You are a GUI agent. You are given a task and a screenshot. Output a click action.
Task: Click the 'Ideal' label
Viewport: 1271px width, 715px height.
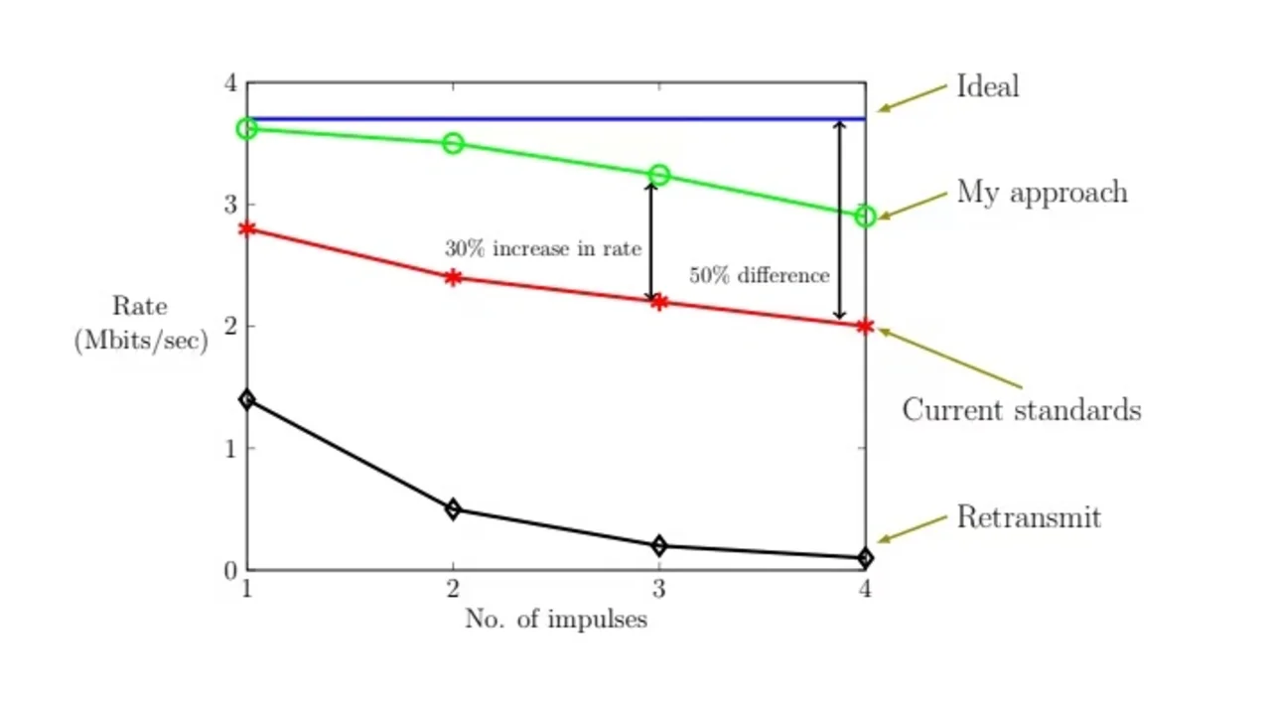(987, 86)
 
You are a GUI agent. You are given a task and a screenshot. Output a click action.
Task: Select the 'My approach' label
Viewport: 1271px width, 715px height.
(1042, 192)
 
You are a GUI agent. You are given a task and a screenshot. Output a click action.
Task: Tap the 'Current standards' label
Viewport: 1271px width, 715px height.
(1021, 410)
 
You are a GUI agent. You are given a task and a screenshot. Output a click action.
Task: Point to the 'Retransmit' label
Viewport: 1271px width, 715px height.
(1029, 517)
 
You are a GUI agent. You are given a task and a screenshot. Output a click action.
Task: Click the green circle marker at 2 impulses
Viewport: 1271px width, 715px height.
(453, 144)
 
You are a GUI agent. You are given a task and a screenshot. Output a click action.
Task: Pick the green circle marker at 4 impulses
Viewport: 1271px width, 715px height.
(865, 215)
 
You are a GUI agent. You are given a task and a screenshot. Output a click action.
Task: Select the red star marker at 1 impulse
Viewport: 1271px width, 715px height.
(247, 228)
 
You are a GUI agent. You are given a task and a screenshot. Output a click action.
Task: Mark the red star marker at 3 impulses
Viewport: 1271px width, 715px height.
(659, 301)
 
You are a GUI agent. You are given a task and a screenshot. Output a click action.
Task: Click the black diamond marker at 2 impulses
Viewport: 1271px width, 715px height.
(453, 509)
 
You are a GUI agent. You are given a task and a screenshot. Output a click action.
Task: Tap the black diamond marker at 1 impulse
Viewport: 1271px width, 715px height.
(247, 399)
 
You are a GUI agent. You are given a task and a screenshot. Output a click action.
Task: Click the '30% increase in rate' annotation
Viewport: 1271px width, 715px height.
(542, 248)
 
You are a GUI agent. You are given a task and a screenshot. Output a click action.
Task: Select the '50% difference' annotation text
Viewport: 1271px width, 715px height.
(760, 276)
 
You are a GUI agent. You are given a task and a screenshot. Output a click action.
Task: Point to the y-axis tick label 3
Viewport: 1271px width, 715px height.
(230, 205)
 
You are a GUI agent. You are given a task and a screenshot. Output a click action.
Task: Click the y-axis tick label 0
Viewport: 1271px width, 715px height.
(230, 571)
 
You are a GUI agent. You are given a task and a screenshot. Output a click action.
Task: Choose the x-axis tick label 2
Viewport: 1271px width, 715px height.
(453, 589)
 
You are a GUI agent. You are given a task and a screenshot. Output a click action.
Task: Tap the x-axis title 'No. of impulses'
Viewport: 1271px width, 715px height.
(556, 620)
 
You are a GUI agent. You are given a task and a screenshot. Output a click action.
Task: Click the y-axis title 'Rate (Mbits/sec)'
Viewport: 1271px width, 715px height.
(140, 324)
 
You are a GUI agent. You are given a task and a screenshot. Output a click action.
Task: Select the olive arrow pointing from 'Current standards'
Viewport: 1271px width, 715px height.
(950, 357)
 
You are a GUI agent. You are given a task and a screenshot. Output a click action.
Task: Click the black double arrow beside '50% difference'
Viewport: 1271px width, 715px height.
(839, 219)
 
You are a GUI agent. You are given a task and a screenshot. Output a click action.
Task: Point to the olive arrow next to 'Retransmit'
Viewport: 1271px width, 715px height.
(913, 528)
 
